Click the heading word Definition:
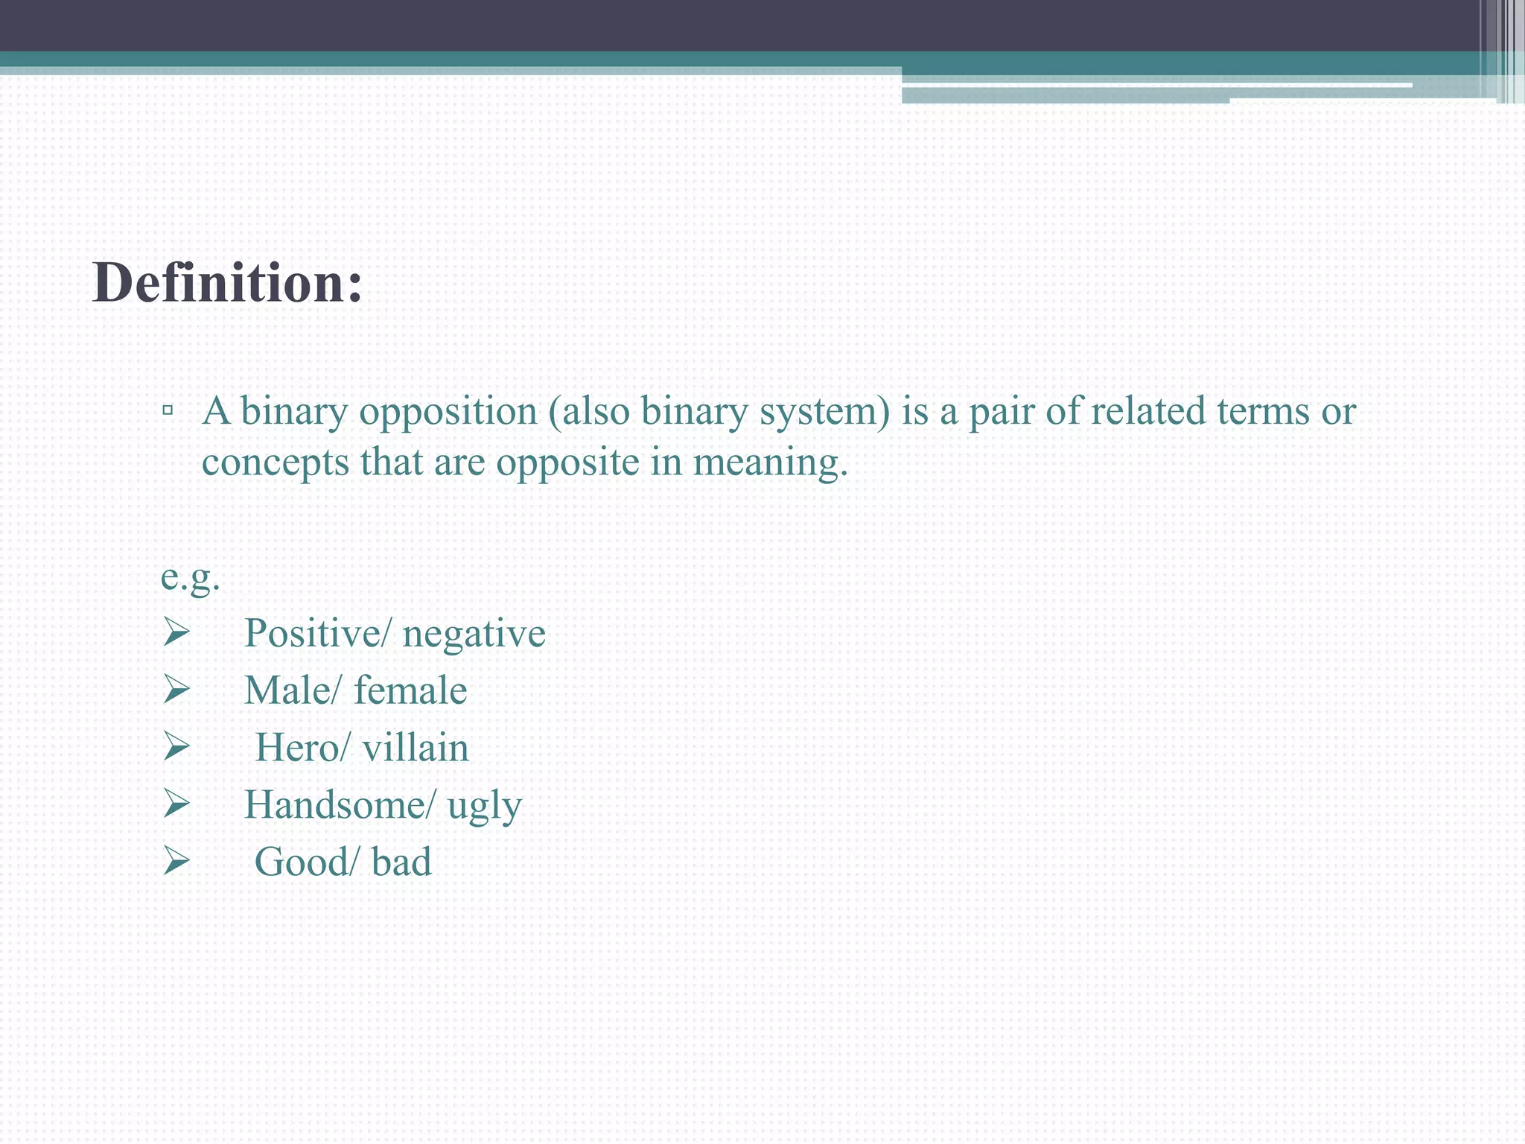click(227, 284)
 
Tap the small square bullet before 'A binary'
click(168, 410)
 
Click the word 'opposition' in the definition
click(448, 412)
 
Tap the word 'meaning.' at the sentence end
click(770, 463)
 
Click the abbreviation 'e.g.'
click(191, 577)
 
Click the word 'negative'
click(474, 634)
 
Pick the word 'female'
click(410, 690)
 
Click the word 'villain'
click(416, 748)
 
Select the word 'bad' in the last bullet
click(401, 862)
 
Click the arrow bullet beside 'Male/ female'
click(176, 690)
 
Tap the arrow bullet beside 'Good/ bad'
click(176, 862)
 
